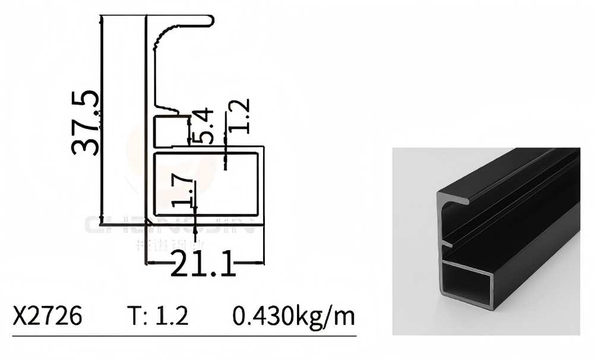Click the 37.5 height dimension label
coord(86,123)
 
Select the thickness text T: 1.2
coord(158,316)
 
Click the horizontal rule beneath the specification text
coord(184,337)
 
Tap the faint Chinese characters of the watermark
coord(169,244)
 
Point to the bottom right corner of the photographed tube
coord(495,307)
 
